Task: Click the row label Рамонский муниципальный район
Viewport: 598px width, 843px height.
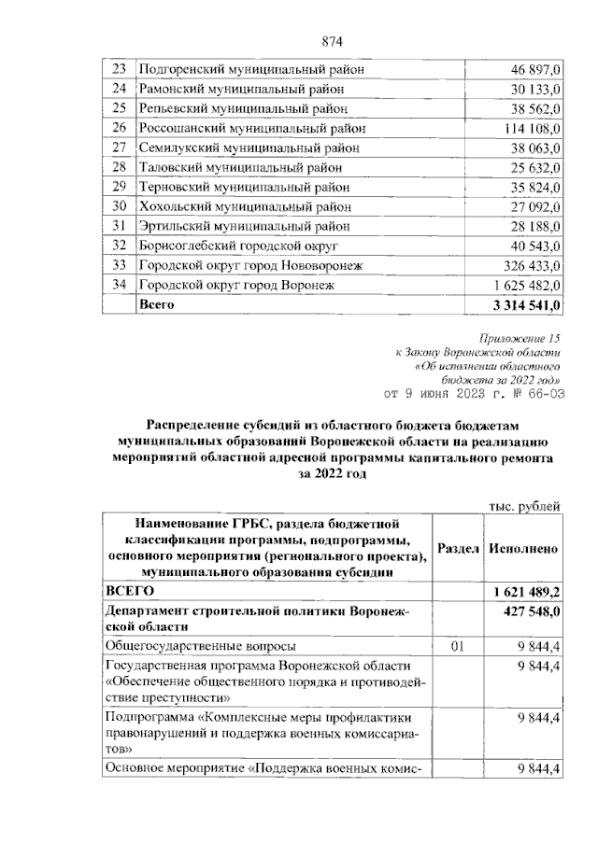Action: pos(241,89)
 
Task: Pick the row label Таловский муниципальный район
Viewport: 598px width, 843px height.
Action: pos(239,167)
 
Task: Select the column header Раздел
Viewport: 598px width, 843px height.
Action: pos(457,549)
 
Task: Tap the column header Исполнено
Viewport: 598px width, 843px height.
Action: pos(523,549)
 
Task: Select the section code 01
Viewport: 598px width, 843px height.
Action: pos(457,645)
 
